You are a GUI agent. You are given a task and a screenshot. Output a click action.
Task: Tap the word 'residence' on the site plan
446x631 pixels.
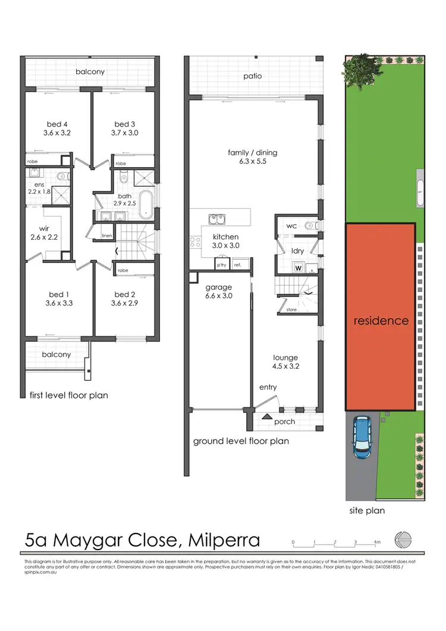coord(381,321)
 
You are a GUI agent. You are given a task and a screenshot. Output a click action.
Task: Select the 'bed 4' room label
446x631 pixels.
coord(57,128)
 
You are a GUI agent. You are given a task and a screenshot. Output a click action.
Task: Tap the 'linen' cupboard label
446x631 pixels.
coord(107,236)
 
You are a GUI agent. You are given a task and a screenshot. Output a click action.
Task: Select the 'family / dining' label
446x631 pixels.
coord(252,157)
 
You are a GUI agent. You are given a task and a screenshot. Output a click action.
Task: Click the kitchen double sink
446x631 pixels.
coord(218,221)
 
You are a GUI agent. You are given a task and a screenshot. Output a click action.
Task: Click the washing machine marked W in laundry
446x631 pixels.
coord(298,268)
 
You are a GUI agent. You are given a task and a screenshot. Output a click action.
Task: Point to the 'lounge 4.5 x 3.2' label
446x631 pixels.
coord(285,362)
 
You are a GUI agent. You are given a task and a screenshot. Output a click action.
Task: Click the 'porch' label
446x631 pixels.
coord(285,422)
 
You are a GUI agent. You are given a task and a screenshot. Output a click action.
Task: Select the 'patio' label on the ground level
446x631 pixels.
coord(252,76)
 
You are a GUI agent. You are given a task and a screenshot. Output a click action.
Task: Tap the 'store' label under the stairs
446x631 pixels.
coord(290,309)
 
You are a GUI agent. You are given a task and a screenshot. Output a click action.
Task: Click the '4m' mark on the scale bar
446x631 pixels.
coord(378,542)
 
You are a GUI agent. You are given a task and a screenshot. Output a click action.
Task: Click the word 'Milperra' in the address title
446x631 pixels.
coord(224,540)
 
